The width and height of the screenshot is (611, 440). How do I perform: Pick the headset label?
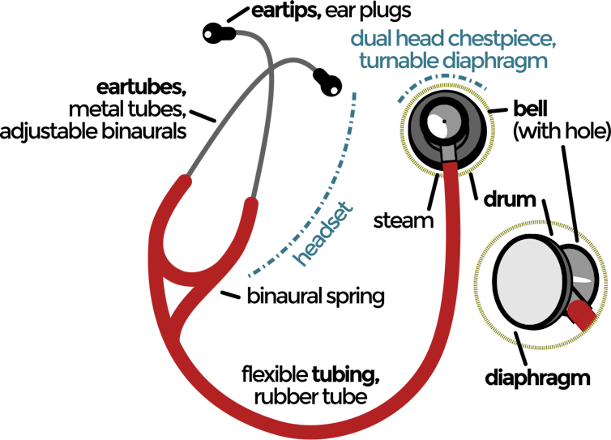point(325,233)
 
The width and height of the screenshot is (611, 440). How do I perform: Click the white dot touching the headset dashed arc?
point(333,91)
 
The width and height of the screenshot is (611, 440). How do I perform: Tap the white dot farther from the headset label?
point(208,35)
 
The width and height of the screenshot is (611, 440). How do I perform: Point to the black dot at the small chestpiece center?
point(444,122)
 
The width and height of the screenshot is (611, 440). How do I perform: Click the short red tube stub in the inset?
point(579,312)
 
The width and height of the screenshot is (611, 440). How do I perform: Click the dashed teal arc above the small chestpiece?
point(442,79)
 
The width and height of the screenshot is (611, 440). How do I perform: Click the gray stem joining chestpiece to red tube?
point(448,153)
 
